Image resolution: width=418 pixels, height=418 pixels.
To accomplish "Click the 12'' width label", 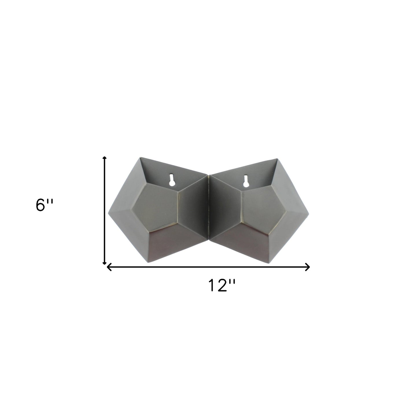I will click(222, 286).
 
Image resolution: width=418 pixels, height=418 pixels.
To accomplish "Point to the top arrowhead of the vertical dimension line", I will click(104, 158).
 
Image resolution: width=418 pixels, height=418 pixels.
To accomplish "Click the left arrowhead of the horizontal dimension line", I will click(109, 267).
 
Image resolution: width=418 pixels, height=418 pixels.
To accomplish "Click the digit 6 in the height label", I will click(40, 206).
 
